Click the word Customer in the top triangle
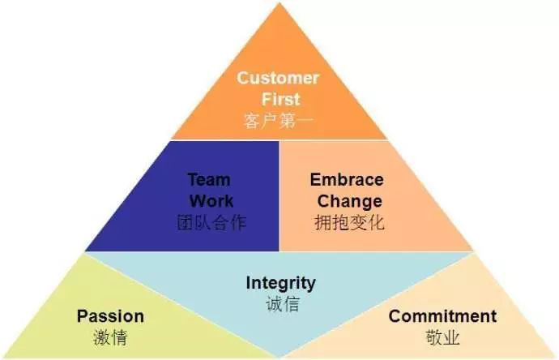[278, 79]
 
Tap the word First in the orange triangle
[278, 99]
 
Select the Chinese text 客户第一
[278, 121]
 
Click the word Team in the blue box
[208, 179]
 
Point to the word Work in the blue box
[211, 200]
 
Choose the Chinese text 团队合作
[211, 221]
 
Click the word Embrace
[347, 179]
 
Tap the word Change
[349, 200]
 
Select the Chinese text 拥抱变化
[349, 221]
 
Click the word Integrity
[280, 283]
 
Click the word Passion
[110, 316]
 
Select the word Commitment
[442, 316]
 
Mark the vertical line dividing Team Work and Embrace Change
[279, 195]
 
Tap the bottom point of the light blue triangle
[279, 355]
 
